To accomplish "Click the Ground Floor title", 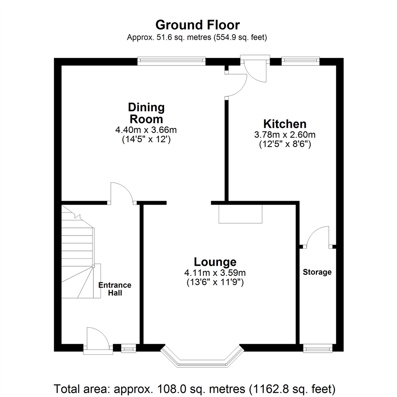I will coord(198,25).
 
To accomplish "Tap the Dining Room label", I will coord(146,113).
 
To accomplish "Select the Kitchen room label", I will coord(285,124).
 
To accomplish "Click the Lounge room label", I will coord(215,262).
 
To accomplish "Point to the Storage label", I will coord(317,272).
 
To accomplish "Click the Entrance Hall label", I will coord(115,289).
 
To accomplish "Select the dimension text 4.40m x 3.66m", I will coord(146,130).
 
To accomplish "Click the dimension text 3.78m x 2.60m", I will coord(285,135).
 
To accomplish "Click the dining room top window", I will coord(171,61).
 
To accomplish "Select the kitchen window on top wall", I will coord(300,61).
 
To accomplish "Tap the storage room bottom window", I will coord(318,348).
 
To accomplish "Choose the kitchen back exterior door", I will coord(256,70).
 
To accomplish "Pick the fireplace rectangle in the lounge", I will coord(240,214).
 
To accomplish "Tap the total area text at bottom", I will coord(195,388).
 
